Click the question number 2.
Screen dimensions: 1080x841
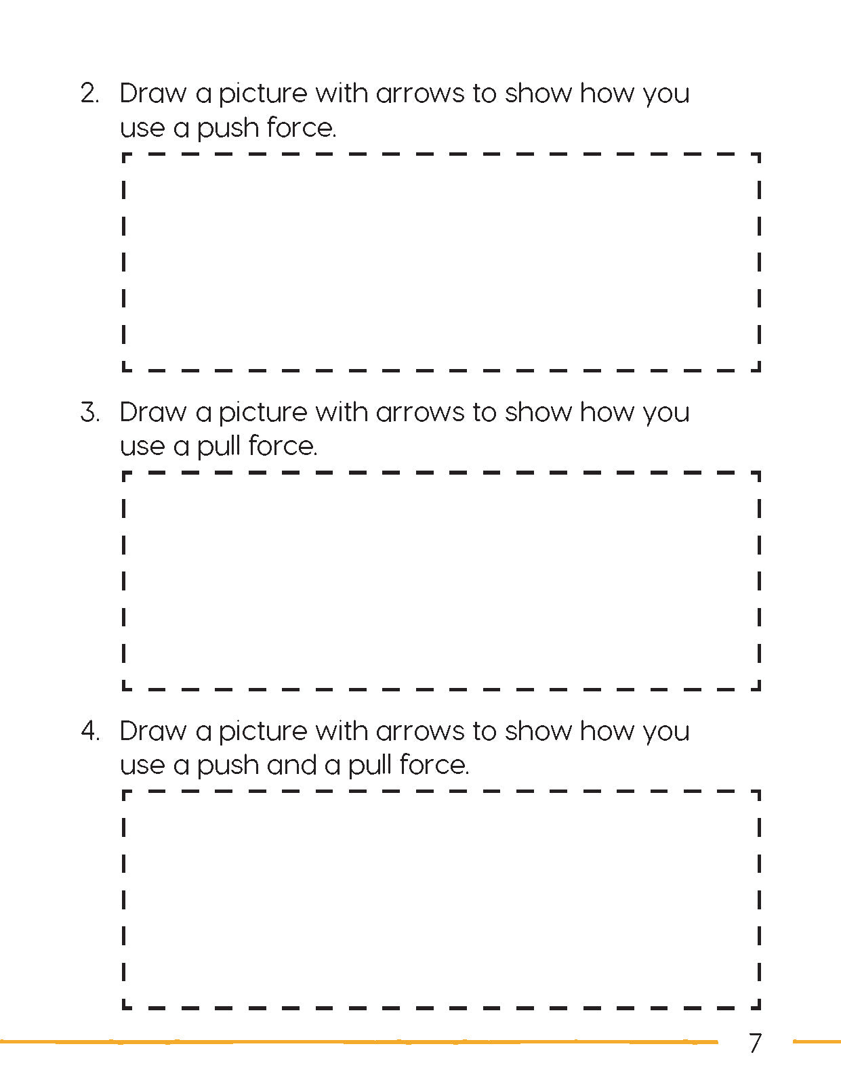(x=89, y=93)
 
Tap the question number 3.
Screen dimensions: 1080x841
(x=89, y=412)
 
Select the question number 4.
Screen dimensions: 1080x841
(x=89, y=731)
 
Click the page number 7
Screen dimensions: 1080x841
(x=755, y=1043)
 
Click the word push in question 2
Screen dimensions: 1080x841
(x=228, y=129)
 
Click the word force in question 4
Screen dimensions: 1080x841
(x=434, y=765)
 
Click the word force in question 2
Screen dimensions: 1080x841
(x=301, y=128)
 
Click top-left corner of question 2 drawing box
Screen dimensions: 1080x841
(x=124, y=155)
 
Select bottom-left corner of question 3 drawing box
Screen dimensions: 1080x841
(x=124, y=689)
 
